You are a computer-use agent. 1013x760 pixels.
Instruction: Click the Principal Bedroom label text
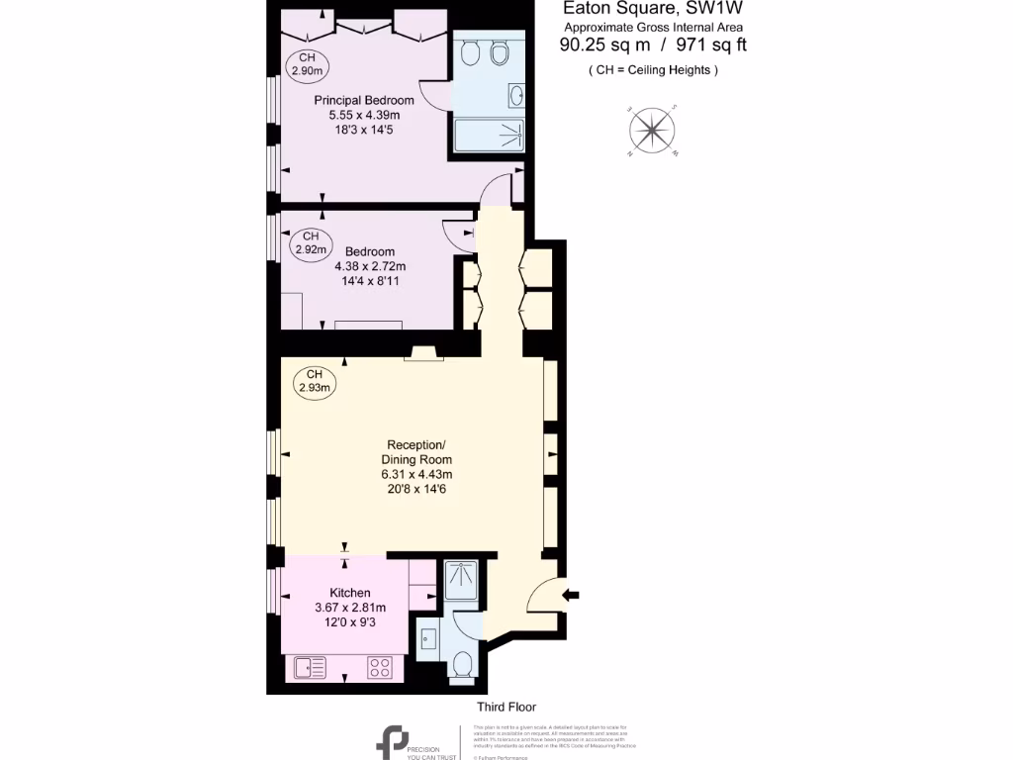click(x=364, y=100)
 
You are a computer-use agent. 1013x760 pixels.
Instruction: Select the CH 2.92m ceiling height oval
click(x=310, y=242)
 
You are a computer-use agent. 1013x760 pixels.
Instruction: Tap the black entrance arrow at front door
click(x=572, y=595)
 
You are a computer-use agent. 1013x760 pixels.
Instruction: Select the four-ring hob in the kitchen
click(x=380, y=668)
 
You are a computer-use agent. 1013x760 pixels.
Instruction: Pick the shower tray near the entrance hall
click(x=460, y=581)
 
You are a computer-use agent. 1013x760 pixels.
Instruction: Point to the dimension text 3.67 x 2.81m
click(x=349, y=608)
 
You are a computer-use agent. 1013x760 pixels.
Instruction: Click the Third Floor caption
click(x=506, y=707)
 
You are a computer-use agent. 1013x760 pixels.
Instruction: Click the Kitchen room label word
click(x=350, y=593)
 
